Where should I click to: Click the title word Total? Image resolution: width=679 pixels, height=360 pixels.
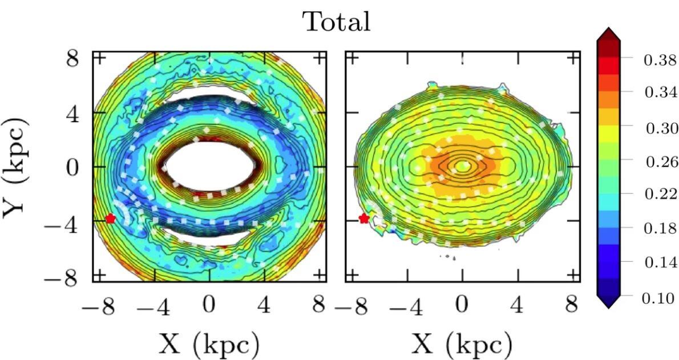pos(337,22)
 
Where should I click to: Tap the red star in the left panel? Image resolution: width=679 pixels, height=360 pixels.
pos(110,219)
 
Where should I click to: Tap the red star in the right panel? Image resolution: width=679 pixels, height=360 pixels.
pos(364,219)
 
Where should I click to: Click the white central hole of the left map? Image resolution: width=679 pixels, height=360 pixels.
pos(209,167)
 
